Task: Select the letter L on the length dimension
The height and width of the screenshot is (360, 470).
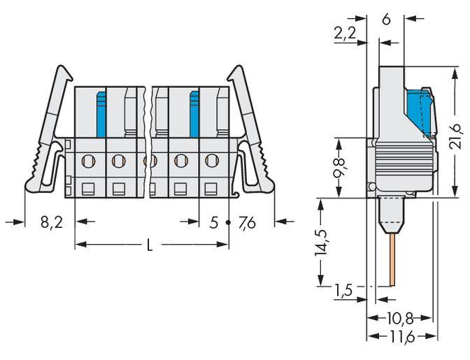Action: pyautogui.click(x=150, y=245)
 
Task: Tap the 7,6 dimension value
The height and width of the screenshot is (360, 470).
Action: pyautogui.click(x=248, y=223)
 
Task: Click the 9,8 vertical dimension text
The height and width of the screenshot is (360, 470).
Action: pyautogui.click(x=341, y=168)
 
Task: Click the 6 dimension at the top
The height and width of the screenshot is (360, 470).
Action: pyautogui.click(x=385, y=20)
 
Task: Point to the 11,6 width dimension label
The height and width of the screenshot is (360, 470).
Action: pyautogui.click(x=401, y=337)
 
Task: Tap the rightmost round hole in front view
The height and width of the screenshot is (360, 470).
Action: pyautogui.click(x=211, y=161)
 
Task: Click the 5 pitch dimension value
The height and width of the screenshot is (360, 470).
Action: pyautogui.click(x=213, y=223)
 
